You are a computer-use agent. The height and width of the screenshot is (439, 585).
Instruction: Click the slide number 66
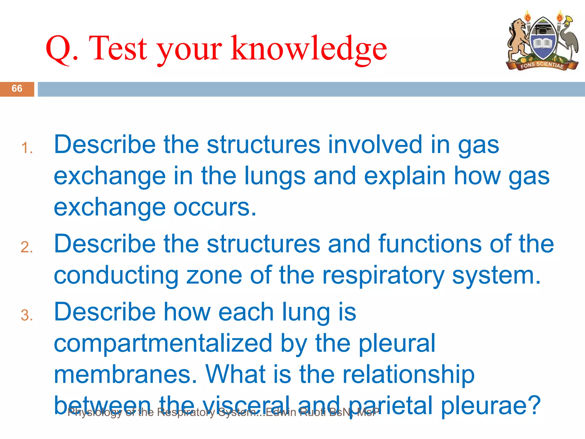pyautogui.click(x=17, y=89)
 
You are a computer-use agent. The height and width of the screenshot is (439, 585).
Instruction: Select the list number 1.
pyautogui.click(x=27, y=148)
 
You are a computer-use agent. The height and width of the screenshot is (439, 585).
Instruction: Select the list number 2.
pyautogui.click(x=27, y=247)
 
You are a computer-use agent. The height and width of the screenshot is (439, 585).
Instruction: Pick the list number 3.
pyautogui.click(x=27, y=315)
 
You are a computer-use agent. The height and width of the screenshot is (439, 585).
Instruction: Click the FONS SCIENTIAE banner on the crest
pyautogui.click(x=542, y=65)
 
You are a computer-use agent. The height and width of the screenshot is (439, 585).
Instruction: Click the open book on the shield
pyautogui.click(x=542, y=44)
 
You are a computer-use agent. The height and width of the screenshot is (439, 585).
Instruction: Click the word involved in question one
pyautogui.click(x=375, y=145)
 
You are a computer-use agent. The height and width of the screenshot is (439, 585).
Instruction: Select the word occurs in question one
pyautogui.click(x=215, y=207)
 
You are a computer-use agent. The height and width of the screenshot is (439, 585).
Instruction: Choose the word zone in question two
pyautogui.click(x=214, y=275)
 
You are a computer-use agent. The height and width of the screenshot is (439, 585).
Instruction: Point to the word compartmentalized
pyautogui.click(x=163, y=343)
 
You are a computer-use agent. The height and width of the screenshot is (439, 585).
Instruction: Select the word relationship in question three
pyautogui.click(x=408, y=375)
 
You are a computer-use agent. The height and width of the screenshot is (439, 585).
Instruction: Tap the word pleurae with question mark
pyautogui.click(x=490, y=406)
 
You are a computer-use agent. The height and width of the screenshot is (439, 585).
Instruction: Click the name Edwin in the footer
pyautogui.click(x=281, y=412)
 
